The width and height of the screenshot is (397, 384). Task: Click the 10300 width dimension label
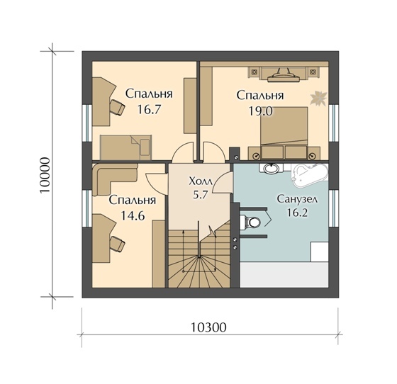208,327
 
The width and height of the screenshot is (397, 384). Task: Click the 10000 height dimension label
45,175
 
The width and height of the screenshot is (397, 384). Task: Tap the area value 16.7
149,109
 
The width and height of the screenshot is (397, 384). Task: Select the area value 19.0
260,111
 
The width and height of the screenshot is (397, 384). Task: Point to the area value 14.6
133,215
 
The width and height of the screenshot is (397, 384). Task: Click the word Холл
201,181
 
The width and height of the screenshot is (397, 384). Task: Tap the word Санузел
297,199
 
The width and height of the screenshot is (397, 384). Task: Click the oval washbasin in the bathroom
271,169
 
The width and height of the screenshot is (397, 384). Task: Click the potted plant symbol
319,98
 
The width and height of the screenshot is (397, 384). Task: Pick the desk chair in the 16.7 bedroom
118,107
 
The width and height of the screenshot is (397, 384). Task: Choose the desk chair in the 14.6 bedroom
118,243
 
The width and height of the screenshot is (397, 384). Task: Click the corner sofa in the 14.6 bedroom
114,179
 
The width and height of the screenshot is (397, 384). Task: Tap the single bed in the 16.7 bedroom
126,147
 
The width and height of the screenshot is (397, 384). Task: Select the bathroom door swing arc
223,183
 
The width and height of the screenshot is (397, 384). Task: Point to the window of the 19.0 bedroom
333,123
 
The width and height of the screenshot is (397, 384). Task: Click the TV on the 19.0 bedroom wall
284,75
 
